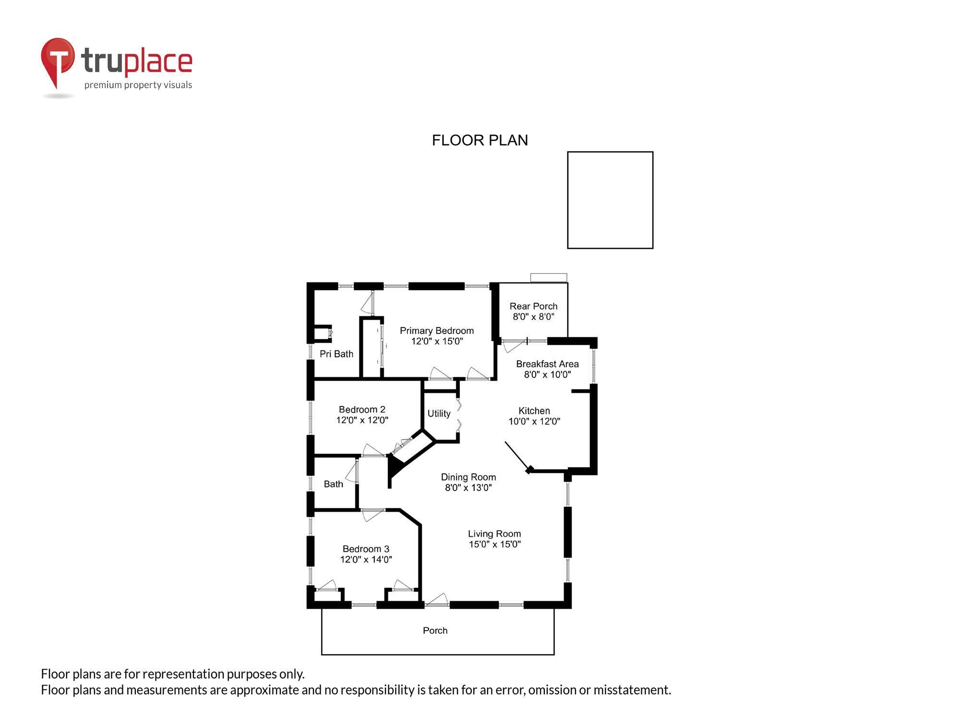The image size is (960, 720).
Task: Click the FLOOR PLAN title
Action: pos(480,140)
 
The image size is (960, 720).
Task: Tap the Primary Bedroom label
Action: pos(436,331)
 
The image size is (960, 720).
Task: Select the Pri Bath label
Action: pos(336,354)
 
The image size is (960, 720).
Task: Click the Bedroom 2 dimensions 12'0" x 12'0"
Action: pos(362,420)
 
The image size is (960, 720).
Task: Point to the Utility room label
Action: pos(439,413)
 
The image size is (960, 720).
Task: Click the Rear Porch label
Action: pos(533,306)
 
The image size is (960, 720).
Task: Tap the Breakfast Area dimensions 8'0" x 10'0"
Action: pos(547,375)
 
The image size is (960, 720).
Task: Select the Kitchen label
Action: pos(534,411)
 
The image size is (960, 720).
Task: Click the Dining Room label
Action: pos(468,477)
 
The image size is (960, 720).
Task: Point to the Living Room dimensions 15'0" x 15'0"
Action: pos(494,544)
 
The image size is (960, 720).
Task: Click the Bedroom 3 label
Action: pos(366,549)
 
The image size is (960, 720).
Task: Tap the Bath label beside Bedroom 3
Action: pos(333,484)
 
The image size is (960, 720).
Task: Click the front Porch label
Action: pos(435,631)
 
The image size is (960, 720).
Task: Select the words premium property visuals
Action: pos(138,85)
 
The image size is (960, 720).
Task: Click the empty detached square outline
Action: pos(610,200)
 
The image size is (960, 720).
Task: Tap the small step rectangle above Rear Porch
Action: pos(549,277)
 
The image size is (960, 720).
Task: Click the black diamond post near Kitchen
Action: pos(529,470)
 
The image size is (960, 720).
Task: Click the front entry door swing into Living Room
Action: pos(437,600)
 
